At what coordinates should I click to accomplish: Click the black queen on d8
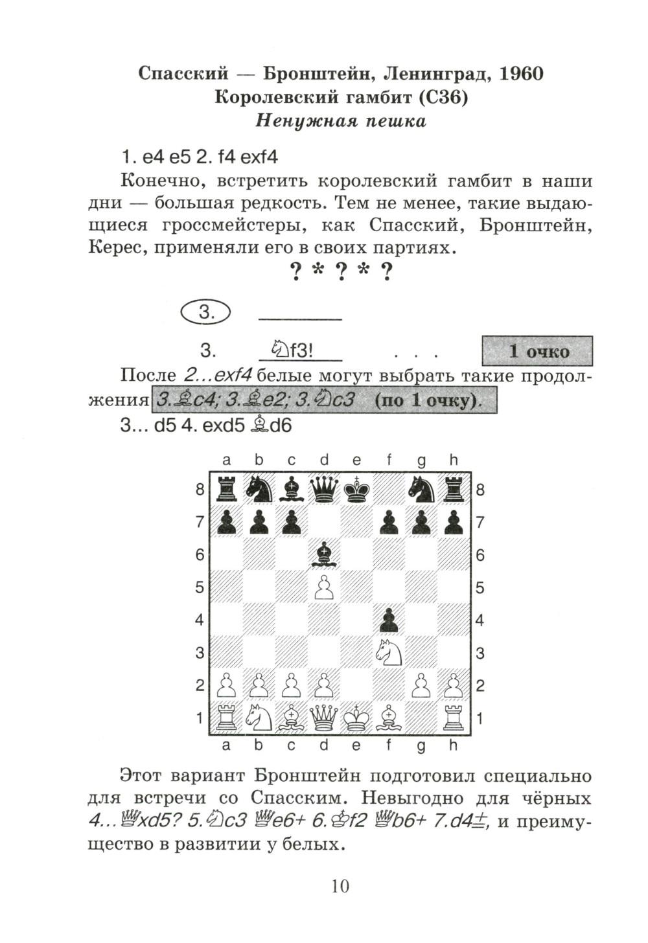pyautogui.click(x=324, y=489)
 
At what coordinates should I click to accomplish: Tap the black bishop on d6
pyautogui.click(x=324, y=554)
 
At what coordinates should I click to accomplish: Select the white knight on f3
pyautogui.click(x=389, y=652)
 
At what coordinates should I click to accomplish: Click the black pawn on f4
pyautogui.click(x=389, y=620)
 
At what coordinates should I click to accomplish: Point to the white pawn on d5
pyautogui.click(x=324, y=587)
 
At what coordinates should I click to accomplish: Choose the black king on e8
pyautogui.click(x=356, y=489)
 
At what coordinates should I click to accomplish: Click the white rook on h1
pyautogui.click(x=454, y=718)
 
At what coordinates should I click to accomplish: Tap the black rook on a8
pyautogui.click(x=227, y=489)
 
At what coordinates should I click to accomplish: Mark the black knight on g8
pyautogui.click(x=421, y=489)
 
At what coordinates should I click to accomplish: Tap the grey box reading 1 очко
pyautogui.click(x=537, y=351)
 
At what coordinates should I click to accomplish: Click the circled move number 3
pyautogui.click(x=206, y=312)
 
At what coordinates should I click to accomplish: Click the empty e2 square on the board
pyautogui.click(x=356, y=685)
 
